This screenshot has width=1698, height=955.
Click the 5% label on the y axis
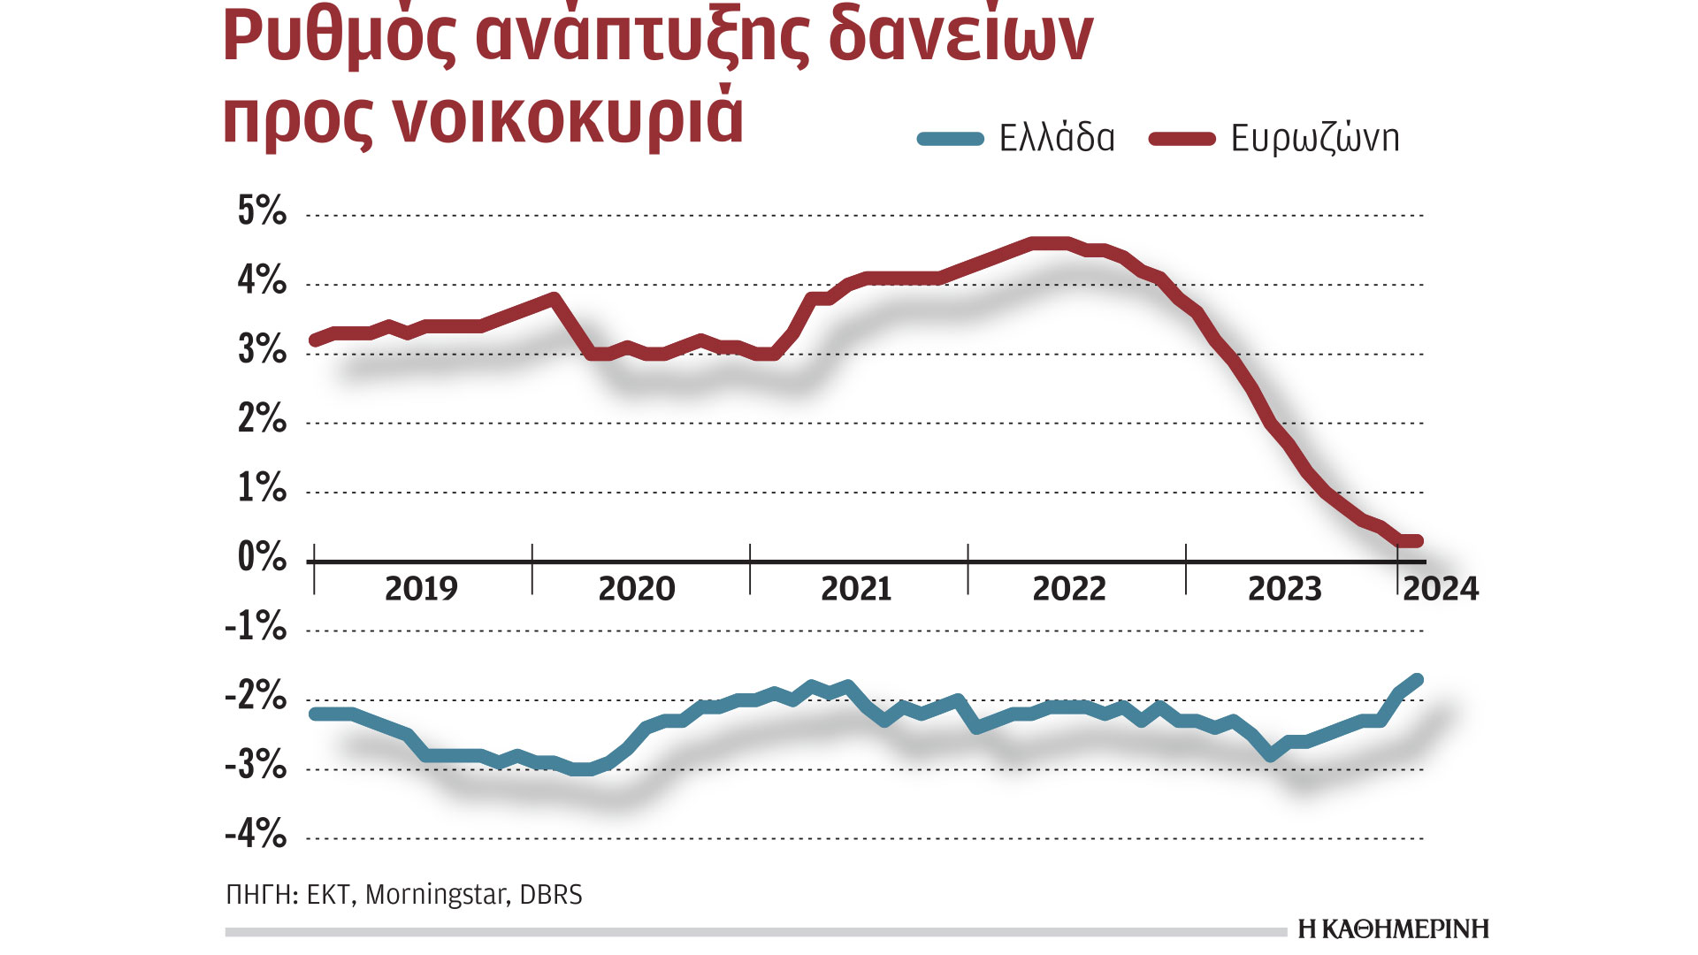tap(262, 211)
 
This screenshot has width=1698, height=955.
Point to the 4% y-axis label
tap(262, 280)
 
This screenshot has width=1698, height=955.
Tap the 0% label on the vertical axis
tap(262, 557)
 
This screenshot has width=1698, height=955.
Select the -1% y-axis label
tap(256, 627)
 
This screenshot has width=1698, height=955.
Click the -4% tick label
tap(256, 834)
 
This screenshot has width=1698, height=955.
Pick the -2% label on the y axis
tap(256, 696)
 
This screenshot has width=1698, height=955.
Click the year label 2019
tap(421, 589)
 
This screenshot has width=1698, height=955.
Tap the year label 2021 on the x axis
tap(855, 589)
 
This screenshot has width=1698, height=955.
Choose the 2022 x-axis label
tap(1069, 589)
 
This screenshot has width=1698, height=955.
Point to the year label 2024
tap(1441, 589)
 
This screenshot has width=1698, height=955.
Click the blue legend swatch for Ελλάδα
tap(951, 139)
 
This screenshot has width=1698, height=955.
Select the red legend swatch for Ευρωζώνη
tap(1182, 139)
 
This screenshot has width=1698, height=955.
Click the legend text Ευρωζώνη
tap(1315, 139)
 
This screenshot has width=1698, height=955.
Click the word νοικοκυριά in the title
tap(566, 118)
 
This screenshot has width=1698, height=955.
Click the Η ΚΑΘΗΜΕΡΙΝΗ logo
tap(1393, 929)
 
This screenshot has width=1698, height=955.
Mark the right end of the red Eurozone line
tap(1418, 541)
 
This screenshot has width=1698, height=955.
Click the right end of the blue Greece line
tap(1418, 679)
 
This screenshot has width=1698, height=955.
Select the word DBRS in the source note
tap(551, 895)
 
